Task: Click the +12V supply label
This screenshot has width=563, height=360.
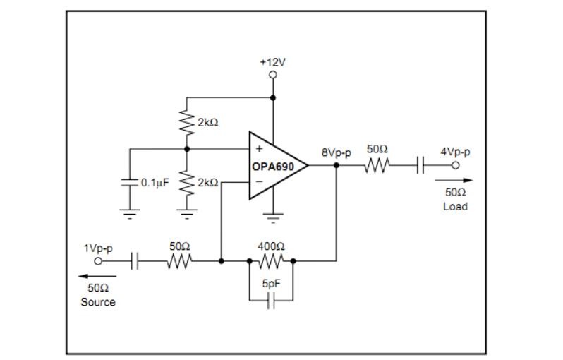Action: click(273, 63)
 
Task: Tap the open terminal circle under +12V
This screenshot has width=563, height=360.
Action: click(273, 75)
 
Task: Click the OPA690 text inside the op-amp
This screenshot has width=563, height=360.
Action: click(273, 167)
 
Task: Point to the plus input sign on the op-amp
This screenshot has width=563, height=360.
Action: click(259, 149)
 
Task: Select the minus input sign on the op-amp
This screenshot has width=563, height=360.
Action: click(259, 182)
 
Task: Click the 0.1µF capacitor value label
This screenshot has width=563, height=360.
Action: click(155, 183)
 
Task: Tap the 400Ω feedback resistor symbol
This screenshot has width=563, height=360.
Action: click(271, 261)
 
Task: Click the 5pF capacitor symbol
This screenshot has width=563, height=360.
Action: click(272, 301)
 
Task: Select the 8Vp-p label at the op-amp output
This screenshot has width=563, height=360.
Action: click(336, 152)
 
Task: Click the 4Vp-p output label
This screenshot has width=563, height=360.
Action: click(455, 152)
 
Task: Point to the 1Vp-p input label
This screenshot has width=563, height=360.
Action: click(98, 248)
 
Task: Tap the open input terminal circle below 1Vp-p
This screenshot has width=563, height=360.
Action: click(98, 261)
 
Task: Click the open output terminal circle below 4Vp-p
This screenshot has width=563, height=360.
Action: click(455, 165)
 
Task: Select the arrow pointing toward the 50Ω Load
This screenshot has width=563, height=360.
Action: click(454, 181)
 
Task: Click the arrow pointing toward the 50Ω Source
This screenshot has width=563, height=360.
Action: click(97, 276)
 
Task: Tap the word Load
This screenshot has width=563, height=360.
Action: click(455, 207)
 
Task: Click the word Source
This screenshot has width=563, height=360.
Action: click(98, 302)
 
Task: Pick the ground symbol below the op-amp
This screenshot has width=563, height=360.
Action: click(273, 218)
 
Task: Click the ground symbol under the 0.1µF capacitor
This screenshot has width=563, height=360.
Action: click(130, 214)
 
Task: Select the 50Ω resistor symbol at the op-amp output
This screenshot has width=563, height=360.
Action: click(377, 165)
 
